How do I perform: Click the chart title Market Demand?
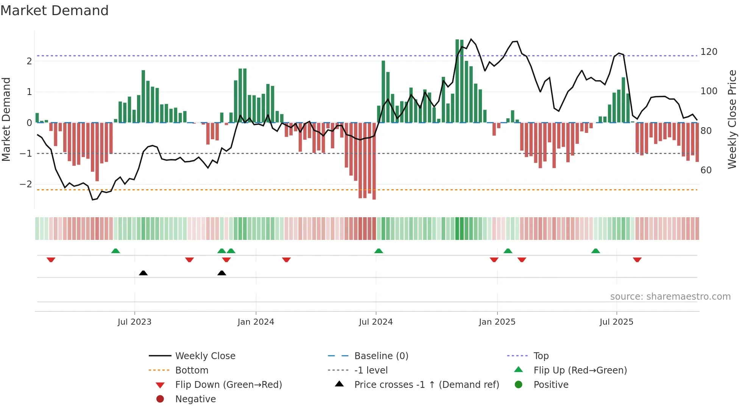(55, 11)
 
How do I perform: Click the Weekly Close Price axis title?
(732, 119)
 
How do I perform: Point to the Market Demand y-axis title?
(6, 119)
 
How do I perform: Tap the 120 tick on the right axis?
(709, 52)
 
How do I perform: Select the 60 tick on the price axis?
(706, 170)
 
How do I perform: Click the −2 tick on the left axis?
(26, 185)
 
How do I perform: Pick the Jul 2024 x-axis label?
(376, 322)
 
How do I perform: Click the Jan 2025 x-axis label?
(497, 322)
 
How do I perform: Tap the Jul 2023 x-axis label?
(134, 322)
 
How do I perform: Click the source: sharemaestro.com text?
(670, 297)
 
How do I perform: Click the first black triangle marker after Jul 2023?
(143, 273)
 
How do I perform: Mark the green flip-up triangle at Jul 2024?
(379, 251)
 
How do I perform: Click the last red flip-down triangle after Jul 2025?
(637, 260)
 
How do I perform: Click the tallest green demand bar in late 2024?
(457, 81)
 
